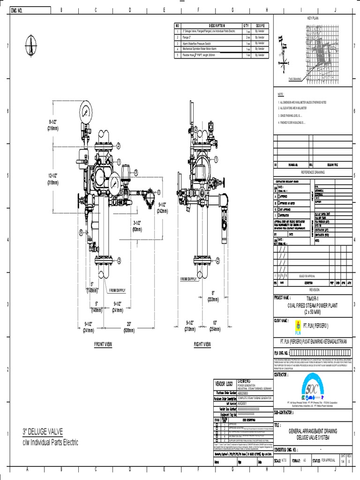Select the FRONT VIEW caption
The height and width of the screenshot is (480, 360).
pos(103,344)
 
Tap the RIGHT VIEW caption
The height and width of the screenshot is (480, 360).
pos(202,344)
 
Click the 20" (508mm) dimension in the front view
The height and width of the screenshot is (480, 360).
pos(128,327)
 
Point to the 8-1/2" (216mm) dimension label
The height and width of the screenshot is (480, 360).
pos(52,125)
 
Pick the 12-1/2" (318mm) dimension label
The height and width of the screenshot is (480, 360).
pos(52,179)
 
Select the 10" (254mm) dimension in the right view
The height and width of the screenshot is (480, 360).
pos(214,326)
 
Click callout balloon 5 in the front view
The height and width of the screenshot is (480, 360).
pos(81,232)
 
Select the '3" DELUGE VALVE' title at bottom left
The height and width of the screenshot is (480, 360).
pos(43,431)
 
